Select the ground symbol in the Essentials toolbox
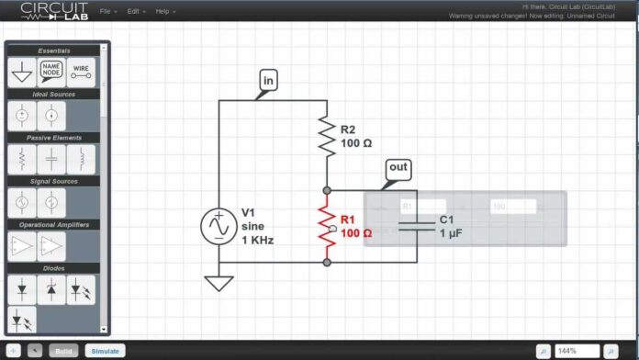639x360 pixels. (21, 73)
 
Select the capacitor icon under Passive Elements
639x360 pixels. (51, 160)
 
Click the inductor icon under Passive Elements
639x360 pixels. (81, 160)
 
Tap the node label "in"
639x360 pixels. (268, 80)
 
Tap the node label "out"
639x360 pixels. (398, 168)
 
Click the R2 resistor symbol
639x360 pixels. (326, 136)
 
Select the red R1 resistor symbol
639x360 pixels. (326, 226)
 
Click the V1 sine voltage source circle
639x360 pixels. (219, 226)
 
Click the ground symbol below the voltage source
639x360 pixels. (219, 282)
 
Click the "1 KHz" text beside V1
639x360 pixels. (257, 240)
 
